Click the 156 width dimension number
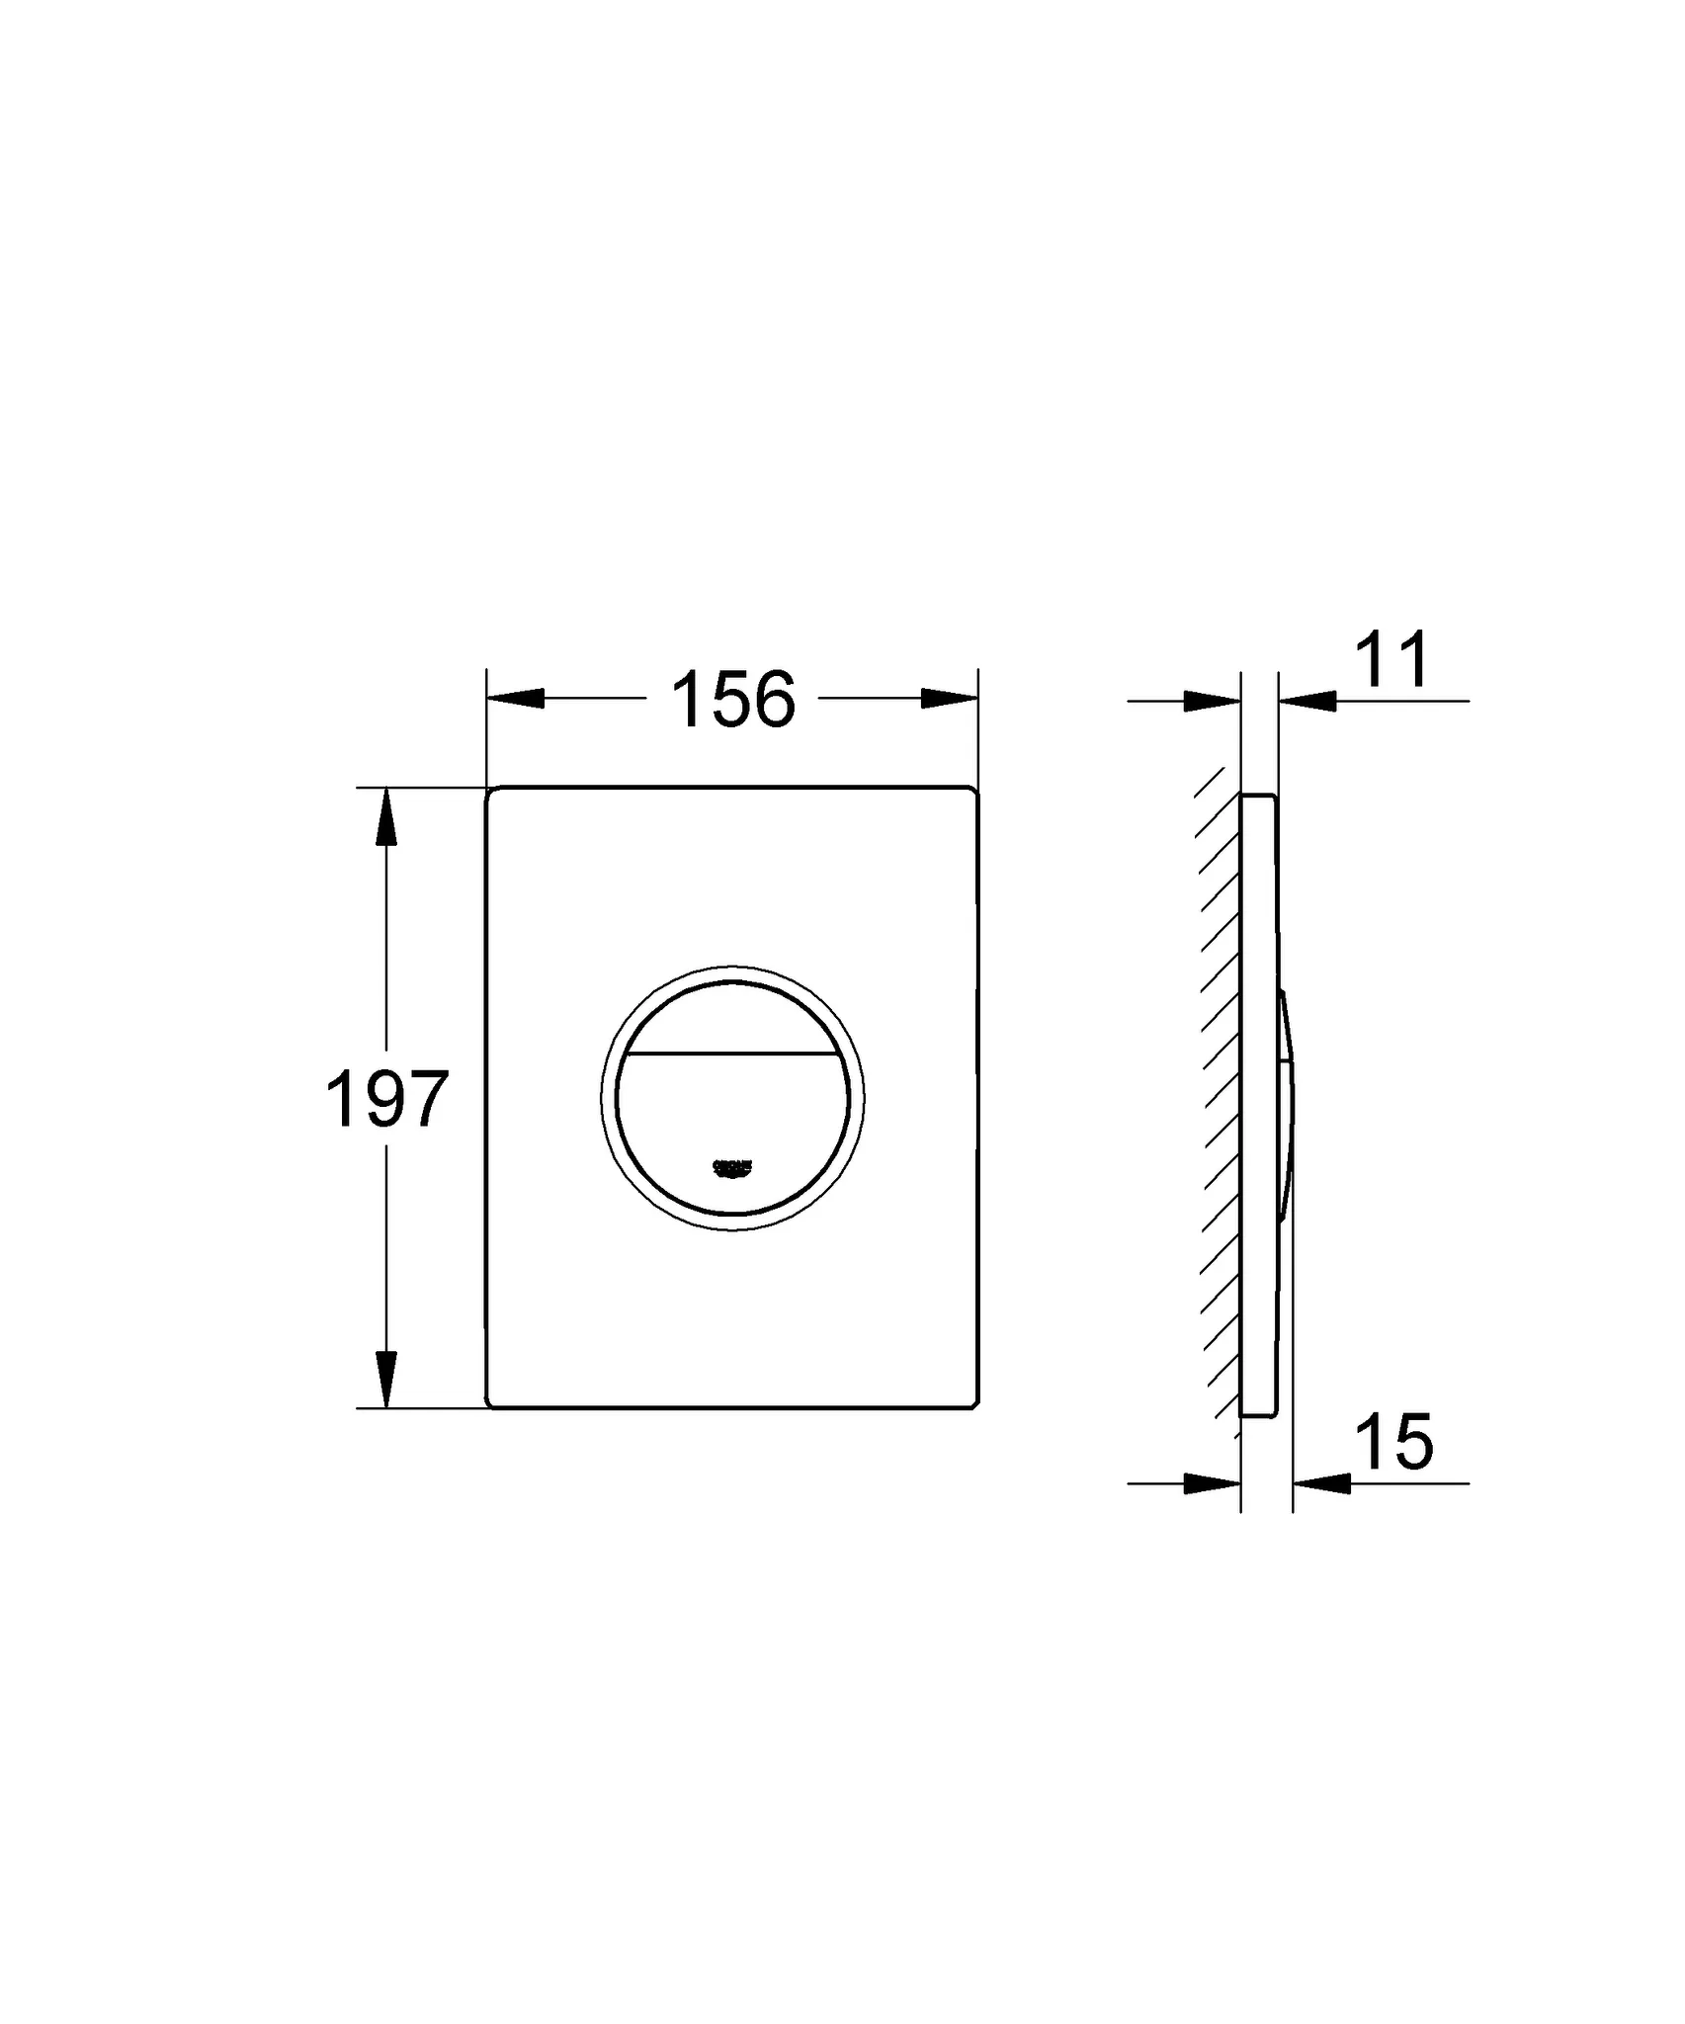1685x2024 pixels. coord(732,700)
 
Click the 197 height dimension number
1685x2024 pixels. coord(386,1100)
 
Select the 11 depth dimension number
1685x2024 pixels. coord(1391,660)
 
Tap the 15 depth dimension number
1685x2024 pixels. coord(1394,1442)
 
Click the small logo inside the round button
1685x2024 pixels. coord(732,1168)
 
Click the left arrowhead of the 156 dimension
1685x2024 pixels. coord(516,698)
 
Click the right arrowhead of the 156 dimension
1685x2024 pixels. coord(949,698)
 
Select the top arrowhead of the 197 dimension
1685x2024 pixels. coord(386,817)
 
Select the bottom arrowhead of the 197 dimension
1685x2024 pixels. coord(386,1378)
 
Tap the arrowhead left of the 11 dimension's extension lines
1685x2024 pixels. coord(1212,701)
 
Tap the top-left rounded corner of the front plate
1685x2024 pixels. coord(491,793)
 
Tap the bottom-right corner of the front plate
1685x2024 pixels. coord(973,1403)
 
